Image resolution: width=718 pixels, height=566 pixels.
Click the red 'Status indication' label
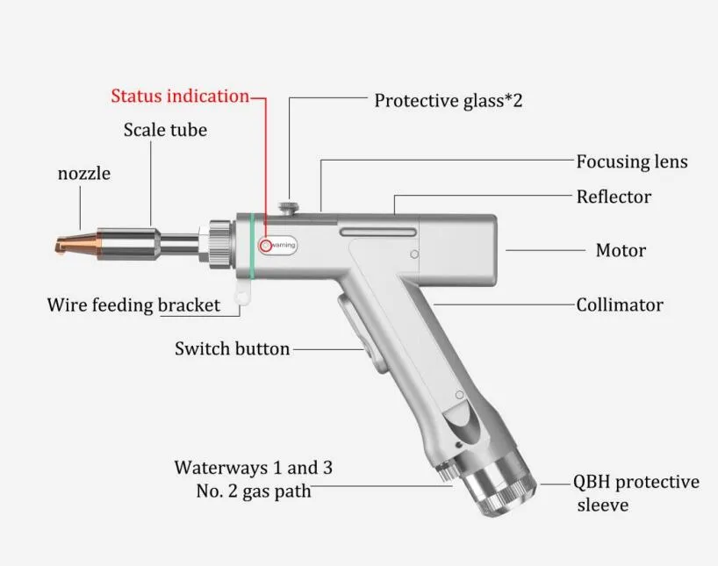point(180,97)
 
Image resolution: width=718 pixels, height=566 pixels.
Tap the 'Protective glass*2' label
point(449,101)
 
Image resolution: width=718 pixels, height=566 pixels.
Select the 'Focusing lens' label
point(632,161)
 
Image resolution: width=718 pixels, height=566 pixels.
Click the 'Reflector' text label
point(614,197)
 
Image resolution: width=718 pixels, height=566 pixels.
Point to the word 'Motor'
point(621,250)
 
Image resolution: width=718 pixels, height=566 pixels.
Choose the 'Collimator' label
point(620,305)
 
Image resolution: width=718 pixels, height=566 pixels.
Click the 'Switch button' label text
point(232,348)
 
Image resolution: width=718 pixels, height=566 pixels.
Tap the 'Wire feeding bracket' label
point(133,305)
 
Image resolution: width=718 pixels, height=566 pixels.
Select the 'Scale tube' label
point(165,130)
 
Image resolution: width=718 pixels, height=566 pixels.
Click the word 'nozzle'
point(84,174)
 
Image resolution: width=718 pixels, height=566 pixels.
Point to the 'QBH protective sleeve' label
point(636,493)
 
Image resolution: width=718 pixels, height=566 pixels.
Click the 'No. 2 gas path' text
point(253,491)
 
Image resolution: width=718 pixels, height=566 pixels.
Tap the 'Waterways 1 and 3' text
point(253,468)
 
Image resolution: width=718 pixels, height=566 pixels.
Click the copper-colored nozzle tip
point(76,244)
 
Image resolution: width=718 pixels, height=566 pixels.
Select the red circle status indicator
point(266,246)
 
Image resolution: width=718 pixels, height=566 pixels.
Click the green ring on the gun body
point(251,246)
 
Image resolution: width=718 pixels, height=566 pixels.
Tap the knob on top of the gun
point(290,207)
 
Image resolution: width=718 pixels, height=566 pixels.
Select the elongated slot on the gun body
point(378,233)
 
